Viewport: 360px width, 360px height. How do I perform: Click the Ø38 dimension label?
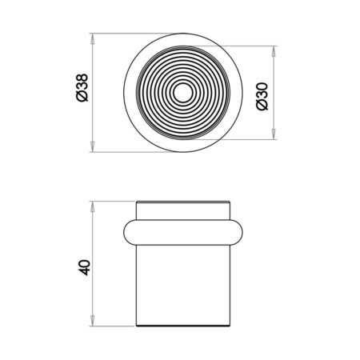82,88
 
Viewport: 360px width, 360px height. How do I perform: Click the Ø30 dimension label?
262,96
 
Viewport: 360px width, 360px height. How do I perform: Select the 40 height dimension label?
85,267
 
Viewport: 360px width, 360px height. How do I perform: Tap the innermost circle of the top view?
183,93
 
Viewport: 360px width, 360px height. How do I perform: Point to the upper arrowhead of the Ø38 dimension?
92,39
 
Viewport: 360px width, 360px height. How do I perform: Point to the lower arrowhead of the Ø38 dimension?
92,146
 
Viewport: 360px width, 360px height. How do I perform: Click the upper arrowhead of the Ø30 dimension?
274,51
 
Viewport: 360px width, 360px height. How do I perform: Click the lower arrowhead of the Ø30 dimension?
274,134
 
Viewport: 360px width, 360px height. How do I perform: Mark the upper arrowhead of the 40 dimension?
92,206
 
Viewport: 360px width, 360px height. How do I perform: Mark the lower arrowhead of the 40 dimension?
92,321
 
